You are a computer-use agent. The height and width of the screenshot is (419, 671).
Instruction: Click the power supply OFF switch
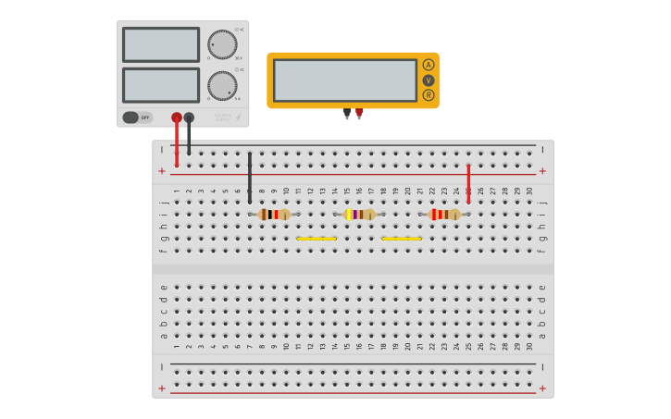coord(137,117)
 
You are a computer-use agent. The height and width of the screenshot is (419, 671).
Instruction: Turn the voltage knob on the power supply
coord(221,44)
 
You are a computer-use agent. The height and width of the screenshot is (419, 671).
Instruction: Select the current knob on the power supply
coord(221,85)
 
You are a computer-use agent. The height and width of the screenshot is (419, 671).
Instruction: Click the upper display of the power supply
coord(161,44)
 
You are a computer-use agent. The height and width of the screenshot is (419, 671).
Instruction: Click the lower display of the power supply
coord(161,85)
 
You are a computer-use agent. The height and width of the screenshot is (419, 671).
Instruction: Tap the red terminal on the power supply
coord(177,117)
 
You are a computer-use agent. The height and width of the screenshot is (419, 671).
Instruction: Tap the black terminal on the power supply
coord(189,117)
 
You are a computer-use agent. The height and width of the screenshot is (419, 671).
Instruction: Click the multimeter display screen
coord(345,80)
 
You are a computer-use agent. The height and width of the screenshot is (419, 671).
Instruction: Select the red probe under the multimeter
coord(359,113)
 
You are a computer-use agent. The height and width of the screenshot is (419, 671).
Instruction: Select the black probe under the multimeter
coord(347,113)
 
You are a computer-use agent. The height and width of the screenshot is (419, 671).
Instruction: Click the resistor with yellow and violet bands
coord(359,215)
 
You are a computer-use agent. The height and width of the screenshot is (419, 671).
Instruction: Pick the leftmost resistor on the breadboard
coord(274,215)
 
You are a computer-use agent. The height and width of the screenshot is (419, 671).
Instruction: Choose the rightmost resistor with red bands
coord(444,215)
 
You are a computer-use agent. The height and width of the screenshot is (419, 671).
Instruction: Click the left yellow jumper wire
coord(317,239)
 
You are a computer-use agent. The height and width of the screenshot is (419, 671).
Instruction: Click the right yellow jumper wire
coord(402,239)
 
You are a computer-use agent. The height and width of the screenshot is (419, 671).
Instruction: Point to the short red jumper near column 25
coord(468,183)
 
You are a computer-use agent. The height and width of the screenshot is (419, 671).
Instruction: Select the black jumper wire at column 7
coord(249,178)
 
